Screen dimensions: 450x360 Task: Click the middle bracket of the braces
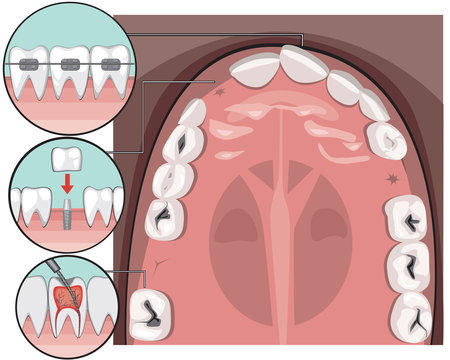[68, 63]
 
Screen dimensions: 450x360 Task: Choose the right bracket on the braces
[105, 63]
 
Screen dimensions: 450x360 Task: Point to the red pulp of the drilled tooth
[67, 298]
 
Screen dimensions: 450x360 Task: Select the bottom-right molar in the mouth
[413, 312]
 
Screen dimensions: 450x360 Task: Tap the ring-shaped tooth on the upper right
[385, 141]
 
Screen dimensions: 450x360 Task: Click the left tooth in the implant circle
[30, 205]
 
